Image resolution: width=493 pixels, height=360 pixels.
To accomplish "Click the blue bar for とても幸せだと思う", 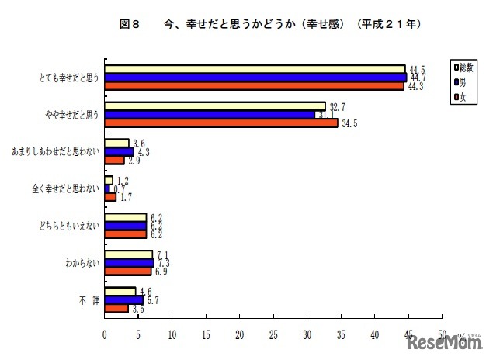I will (255, 78).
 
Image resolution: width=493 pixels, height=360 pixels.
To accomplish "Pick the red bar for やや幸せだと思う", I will (221, 123).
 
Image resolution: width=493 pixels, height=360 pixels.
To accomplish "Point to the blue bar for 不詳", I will (124, 299).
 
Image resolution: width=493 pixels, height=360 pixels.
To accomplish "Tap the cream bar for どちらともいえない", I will (126, 216).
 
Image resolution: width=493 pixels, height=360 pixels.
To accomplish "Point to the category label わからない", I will (82, 262).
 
